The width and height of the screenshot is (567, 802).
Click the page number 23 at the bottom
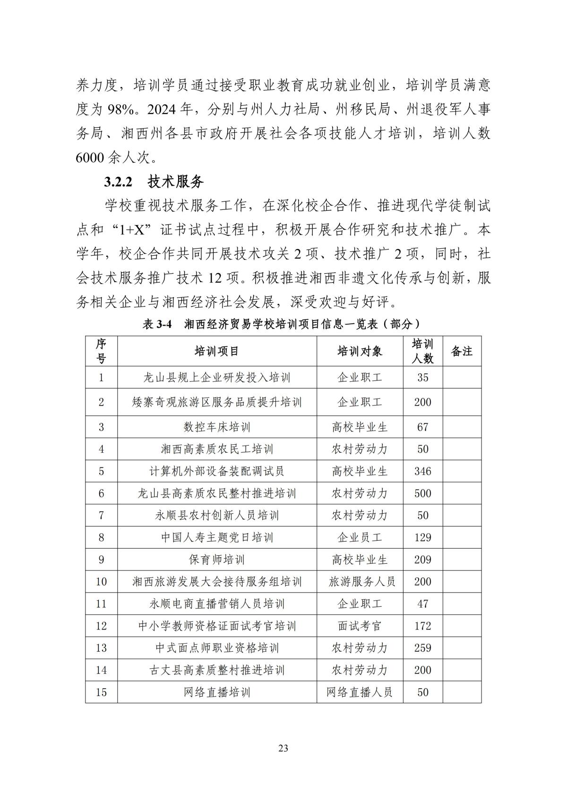point(283,748)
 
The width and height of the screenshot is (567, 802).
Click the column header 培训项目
point(217,351)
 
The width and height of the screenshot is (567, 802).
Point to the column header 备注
point(462,351)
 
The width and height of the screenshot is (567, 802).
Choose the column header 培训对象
point(360,351)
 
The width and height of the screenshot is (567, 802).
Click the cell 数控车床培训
point(217,427)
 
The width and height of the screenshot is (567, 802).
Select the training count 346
point(422,471)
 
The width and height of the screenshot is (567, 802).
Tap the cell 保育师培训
point(217,560)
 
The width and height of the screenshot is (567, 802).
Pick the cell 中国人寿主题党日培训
point(217,537)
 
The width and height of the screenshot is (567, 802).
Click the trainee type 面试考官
point(360,626)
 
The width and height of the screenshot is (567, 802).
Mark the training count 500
point(422,493)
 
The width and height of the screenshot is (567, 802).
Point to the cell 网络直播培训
point(217,692)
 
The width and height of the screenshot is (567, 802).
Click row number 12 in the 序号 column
point(101,626)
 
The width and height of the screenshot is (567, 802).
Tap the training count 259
point(422,648)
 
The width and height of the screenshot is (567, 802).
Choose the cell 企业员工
point(360,537)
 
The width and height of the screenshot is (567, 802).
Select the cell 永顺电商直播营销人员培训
point(217,604)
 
